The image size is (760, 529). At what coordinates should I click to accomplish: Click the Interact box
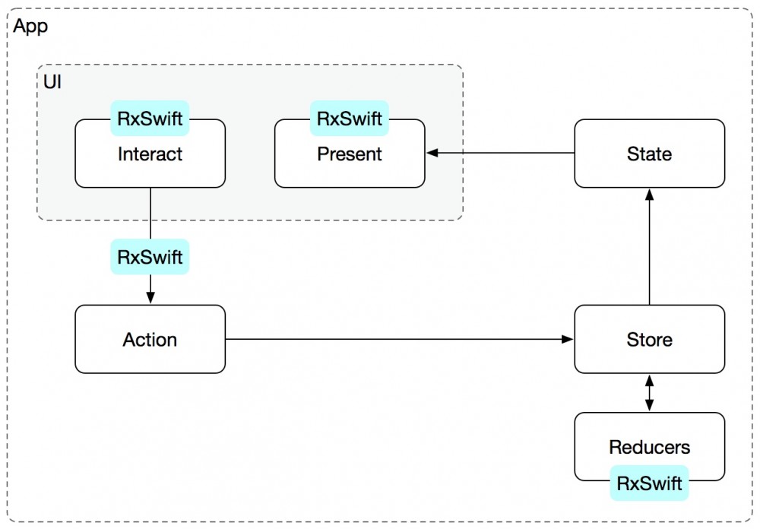(x=150, y=160)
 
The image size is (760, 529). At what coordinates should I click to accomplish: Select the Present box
(x=350, y=160)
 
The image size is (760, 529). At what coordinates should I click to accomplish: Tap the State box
(x=649, y=154)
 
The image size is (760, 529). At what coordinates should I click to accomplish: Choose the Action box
(x=150, y=339)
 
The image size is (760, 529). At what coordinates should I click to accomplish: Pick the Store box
(x=649, y=339)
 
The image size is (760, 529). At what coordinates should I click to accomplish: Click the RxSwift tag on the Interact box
(x=150, y=119)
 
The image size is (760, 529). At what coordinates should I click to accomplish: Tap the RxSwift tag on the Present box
(x=350, y=119)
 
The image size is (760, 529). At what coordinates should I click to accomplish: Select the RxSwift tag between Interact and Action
(x=150, y=257)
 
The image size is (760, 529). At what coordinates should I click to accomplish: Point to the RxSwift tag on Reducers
(x=649, y=483)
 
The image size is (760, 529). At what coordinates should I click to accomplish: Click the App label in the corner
(x=30, y=27)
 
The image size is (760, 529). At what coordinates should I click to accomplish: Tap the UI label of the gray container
(x=52, y=81)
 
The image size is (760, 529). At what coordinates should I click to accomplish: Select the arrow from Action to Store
(x=399, y=339)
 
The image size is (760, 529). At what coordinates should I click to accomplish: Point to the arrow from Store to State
(x=649, y=247)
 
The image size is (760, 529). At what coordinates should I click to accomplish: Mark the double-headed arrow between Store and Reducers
(x=649, y=392)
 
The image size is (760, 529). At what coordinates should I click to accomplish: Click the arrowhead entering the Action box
(x=150, y=299)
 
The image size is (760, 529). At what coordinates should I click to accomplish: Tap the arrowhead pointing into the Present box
(x=432, y=154)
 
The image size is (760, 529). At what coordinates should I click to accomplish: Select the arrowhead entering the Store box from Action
(x=568, y=339)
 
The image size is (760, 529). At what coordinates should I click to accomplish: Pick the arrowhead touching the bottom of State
(x=649, y=193)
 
